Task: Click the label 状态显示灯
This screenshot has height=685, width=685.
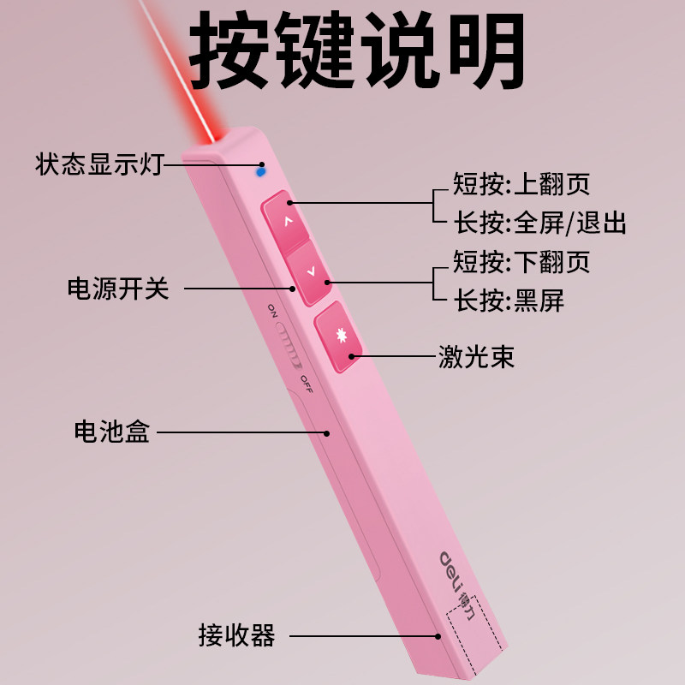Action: click(98, 164)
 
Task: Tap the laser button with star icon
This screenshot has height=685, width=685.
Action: click(340, 337)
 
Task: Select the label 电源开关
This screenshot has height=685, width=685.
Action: click(118, 289)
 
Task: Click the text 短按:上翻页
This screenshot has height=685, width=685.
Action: click(521, 184)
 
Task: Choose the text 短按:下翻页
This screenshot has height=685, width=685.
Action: click(521, 261)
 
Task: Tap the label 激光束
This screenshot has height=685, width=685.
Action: click(476, 356)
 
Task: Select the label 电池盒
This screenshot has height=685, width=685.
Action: click(112, 432)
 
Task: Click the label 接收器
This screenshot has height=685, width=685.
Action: click(236, 635)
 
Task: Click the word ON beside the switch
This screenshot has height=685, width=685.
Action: click(271, 309)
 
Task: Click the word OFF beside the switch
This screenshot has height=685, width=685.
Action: click(307, 384)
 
